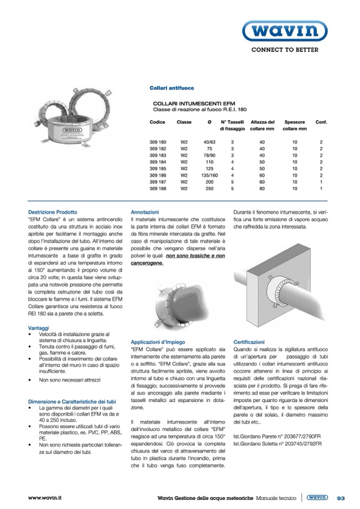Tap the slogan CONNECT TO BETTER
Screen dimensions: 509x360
285,50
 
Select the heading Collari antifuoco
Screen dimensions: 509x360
172,88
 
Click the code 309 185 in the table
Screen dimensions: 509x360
158,168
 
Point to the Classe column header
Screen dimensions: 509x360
184,122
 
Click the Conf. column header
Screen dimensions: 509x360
321,122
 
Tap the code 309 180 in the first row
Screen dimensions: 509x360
158,142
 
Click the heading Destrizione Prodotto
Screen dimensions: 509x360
53,212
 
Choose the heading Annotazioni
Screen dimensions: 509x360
144,212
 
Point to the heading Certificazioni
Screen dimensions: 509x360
249,342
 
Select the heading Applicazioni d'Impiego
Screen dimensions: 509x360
158,342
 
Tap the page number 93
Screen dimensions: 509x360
341,498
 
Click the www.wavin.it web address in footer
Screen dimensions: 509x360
45,498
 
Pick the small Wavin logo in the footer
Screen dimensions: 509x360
317,497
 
